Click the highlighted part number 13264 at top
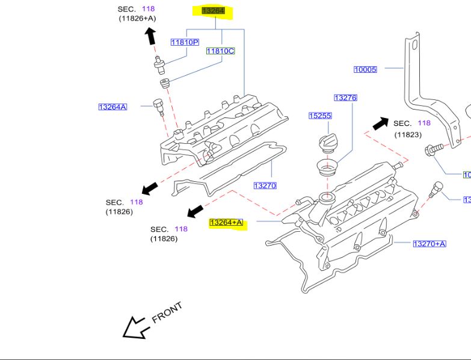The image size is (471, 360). pos(214,11)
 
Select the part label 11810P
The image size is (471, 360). pos(184,42)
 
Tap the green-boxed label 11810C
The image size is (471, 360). pos(220,51)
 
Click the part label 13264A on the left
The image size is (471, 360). pos(112,107)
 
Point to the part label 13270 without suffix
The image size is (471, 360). pos(265,185)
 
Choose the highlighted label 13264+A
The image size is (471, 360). pos(226,223)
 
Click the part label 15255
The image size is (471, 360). pos(320,116)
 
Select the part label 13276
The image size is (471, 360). pos(345,98)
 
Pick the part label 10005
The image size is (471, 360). pos(365,69)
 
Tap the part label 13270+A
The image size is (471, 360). pos(429,243)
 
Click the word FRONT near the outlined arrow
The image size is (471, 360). pos(167,313)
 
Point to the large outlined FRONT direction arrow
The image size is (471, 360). pos(135,327)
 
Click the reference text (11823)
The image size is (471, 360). pos(408,135)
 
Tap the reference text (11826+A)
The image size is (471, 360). pos(137,19)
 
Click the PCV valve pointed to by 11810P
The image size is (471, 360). pos(159,61)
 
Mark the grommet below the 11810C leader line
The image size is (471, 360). pos(163,82)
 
